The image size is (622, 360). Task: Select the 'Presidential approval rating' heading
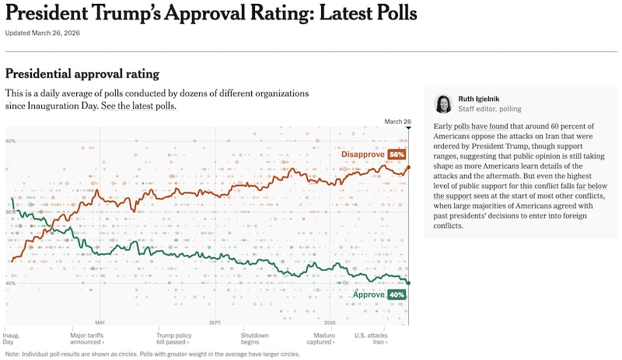(82, 74)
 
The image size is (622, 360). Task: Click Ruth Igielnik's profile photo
(443, 103)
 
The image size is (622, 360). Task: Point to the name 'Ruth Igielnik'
(479, 99)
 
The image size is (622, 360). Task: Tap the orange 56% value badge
(397, 155)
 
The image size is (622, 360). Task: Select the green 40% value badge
(397, 295)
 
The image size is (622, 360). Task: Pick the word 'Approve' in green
(369, 295)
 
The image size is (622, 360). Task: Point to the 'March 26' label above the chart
(397, 121)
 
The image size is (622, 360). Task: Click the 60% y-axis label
(11, 141)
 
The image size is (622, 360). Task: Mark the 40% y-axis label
(11, 283)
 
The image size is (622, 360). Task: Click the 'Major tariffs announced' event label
(87, 338)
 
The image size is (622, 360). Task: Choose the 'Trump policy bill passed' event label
(173, 338)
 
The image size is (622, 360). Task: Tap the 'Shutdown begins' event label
(254, 338)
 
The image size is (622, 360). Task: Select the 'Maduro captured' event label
(319, 338)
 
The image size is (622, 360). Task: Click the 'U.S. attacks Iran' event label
(371, 338)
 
